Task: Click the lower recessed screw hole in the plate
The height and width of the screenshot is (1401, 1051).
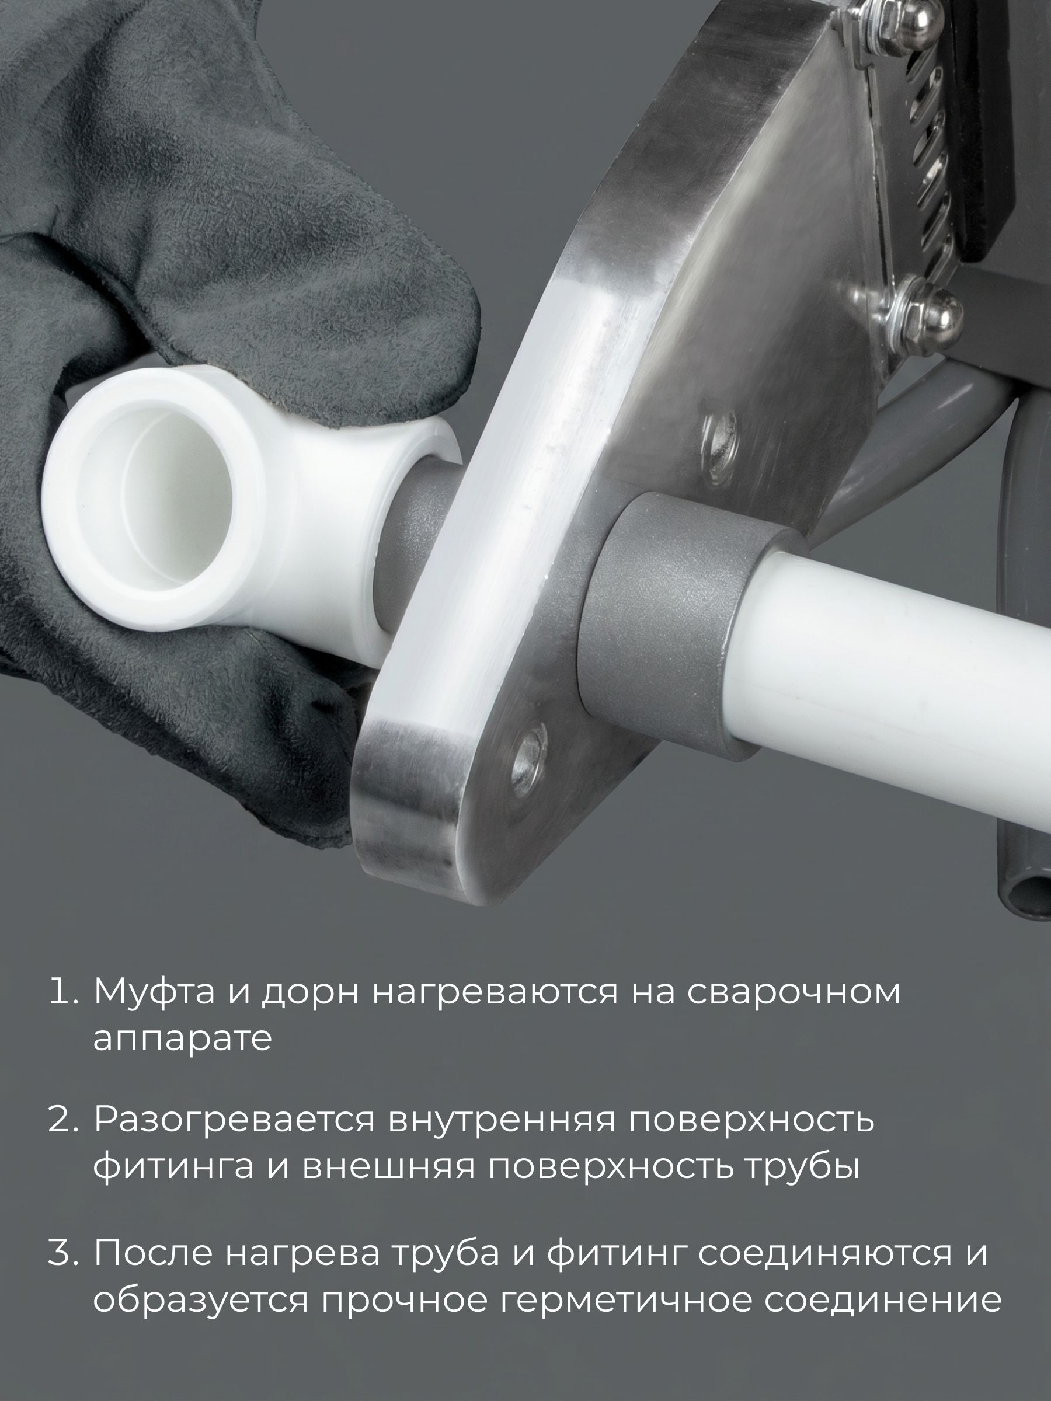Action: [x=528, y=759]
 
